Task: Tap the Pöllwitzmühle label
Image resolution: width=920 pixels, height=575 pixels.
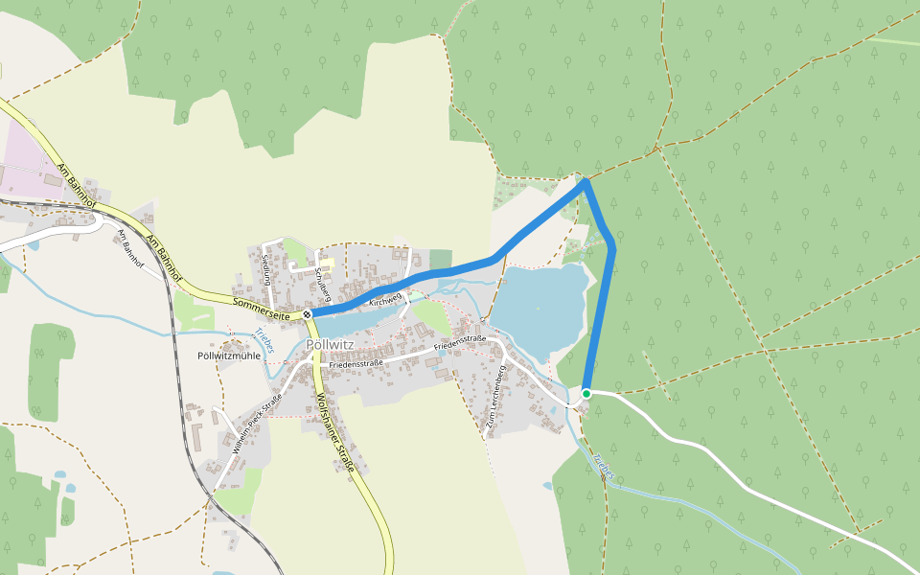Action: [x=228, y=356]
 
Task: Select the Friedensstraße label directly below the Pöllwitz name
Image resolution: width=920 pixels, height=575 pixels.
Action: [x=356, y=363]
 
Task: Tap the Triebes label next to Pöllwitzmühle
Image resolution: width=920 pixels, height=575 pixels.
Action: [x=264, y=341]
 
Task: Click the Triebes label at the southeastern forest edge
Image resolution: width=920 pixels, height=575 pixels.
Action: [x=603, y=467]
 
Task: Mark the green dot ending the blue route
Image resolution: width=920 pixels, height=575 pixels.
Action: [x=586, y=393]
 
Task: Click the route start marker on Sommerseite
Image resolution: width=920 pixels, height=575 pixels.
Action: [x=307, y=313]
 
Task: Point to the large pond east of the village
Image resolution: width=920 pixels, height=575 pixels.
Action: [x=539, y=308]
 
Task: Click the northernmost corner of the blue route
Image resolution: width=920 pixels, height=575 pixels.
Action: [x=584, y=181]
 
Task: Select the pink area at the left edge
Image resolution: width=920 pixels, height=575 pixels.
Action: [x=24, y=163]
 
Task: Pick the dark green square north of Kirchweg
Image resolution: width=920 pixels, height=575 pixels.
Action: [x=440, y=259]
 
